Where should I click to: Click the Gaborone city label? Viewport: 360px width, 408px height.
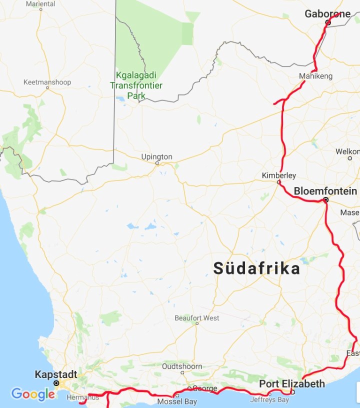coord(327,14)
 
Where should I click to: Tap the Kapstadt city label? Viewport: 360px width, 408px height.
coord(55,374)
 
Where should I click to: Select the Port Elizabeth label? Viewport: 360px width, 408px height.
coord(291,384)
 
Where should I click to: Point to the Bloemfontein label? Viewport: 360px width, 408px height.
coord(325,191)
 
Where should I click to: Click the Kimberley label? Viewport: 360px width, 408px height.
coord(279,175)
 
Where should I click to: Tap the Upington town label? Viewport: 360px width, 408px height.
coord(156,156)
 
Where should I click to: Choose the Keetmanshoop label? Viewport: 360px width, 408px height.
coord(47,82)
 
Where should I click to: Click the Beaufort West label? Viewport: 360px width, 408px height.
coord(196,318)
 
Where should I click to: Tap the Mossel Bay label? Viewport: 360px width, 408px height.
coord(177,401)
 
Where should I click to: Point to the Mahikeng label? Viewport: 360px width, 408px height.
coord(315,76)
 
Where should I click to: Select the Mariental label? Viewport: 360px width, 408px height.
coord(40,4)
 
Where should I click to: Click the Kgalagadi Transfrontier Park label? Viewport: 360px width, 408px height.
coord(135,85)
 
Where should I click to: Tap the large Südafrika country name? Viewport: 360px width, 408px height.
coord(257,268)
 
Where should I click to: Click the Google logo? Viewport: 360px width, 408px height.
coord(33,394)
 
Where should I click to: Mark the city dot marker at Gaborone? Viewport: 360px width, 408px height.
coord(328,22)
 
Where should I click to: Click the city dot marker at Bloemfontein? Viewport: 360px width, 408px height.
coord(325,200)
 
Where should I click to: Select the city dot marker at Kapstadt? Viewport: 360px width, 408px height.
coord(56,383)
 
